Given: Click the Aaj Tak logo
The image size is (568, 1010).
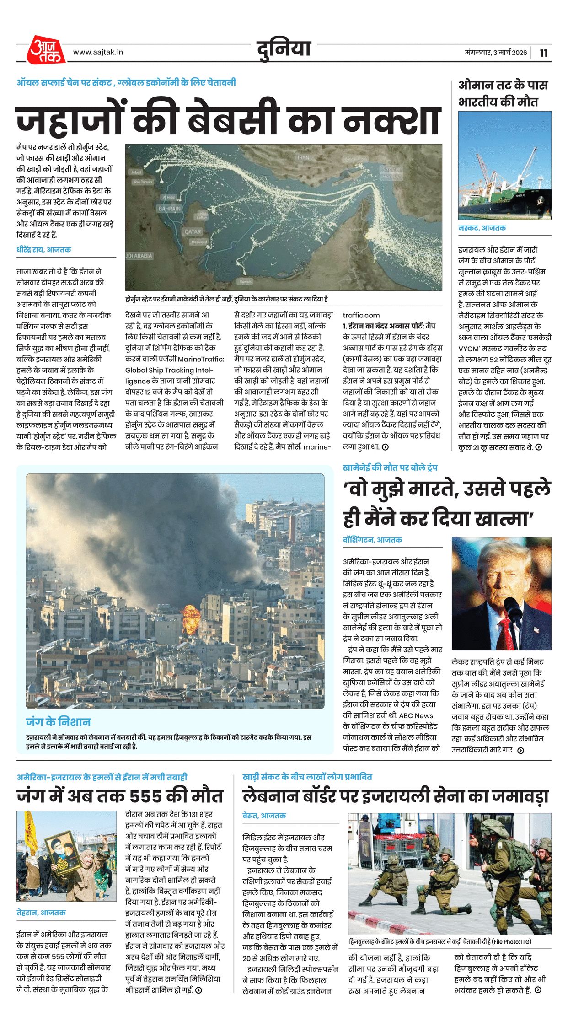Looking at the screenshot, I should [45, 49].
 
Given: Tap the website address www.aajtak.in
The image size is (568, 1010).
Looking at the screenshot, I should [98, 52].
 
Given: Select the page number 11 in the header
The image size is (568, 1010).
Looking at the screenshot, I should [543, 53].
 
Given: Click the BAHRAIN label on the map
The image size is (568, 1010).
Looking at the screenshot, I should [169, 208].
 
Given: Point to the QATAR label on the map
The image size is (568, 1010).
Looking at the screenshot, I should [193, 231].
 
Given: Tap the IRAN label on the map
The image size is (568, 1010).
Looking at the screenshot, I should [303, 157].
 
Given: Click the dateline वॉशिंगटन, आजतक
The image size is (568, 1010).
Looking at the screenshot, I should [372, 540].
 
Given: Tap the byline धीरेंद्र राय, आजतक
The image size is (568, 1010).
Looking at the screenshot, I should [44, 250].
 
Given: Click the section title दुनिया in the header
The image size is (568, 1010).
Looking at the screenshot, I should [284, 49].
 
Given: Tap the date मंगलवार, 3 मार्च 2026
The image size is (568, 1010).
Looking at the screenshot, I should [496, 53].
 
